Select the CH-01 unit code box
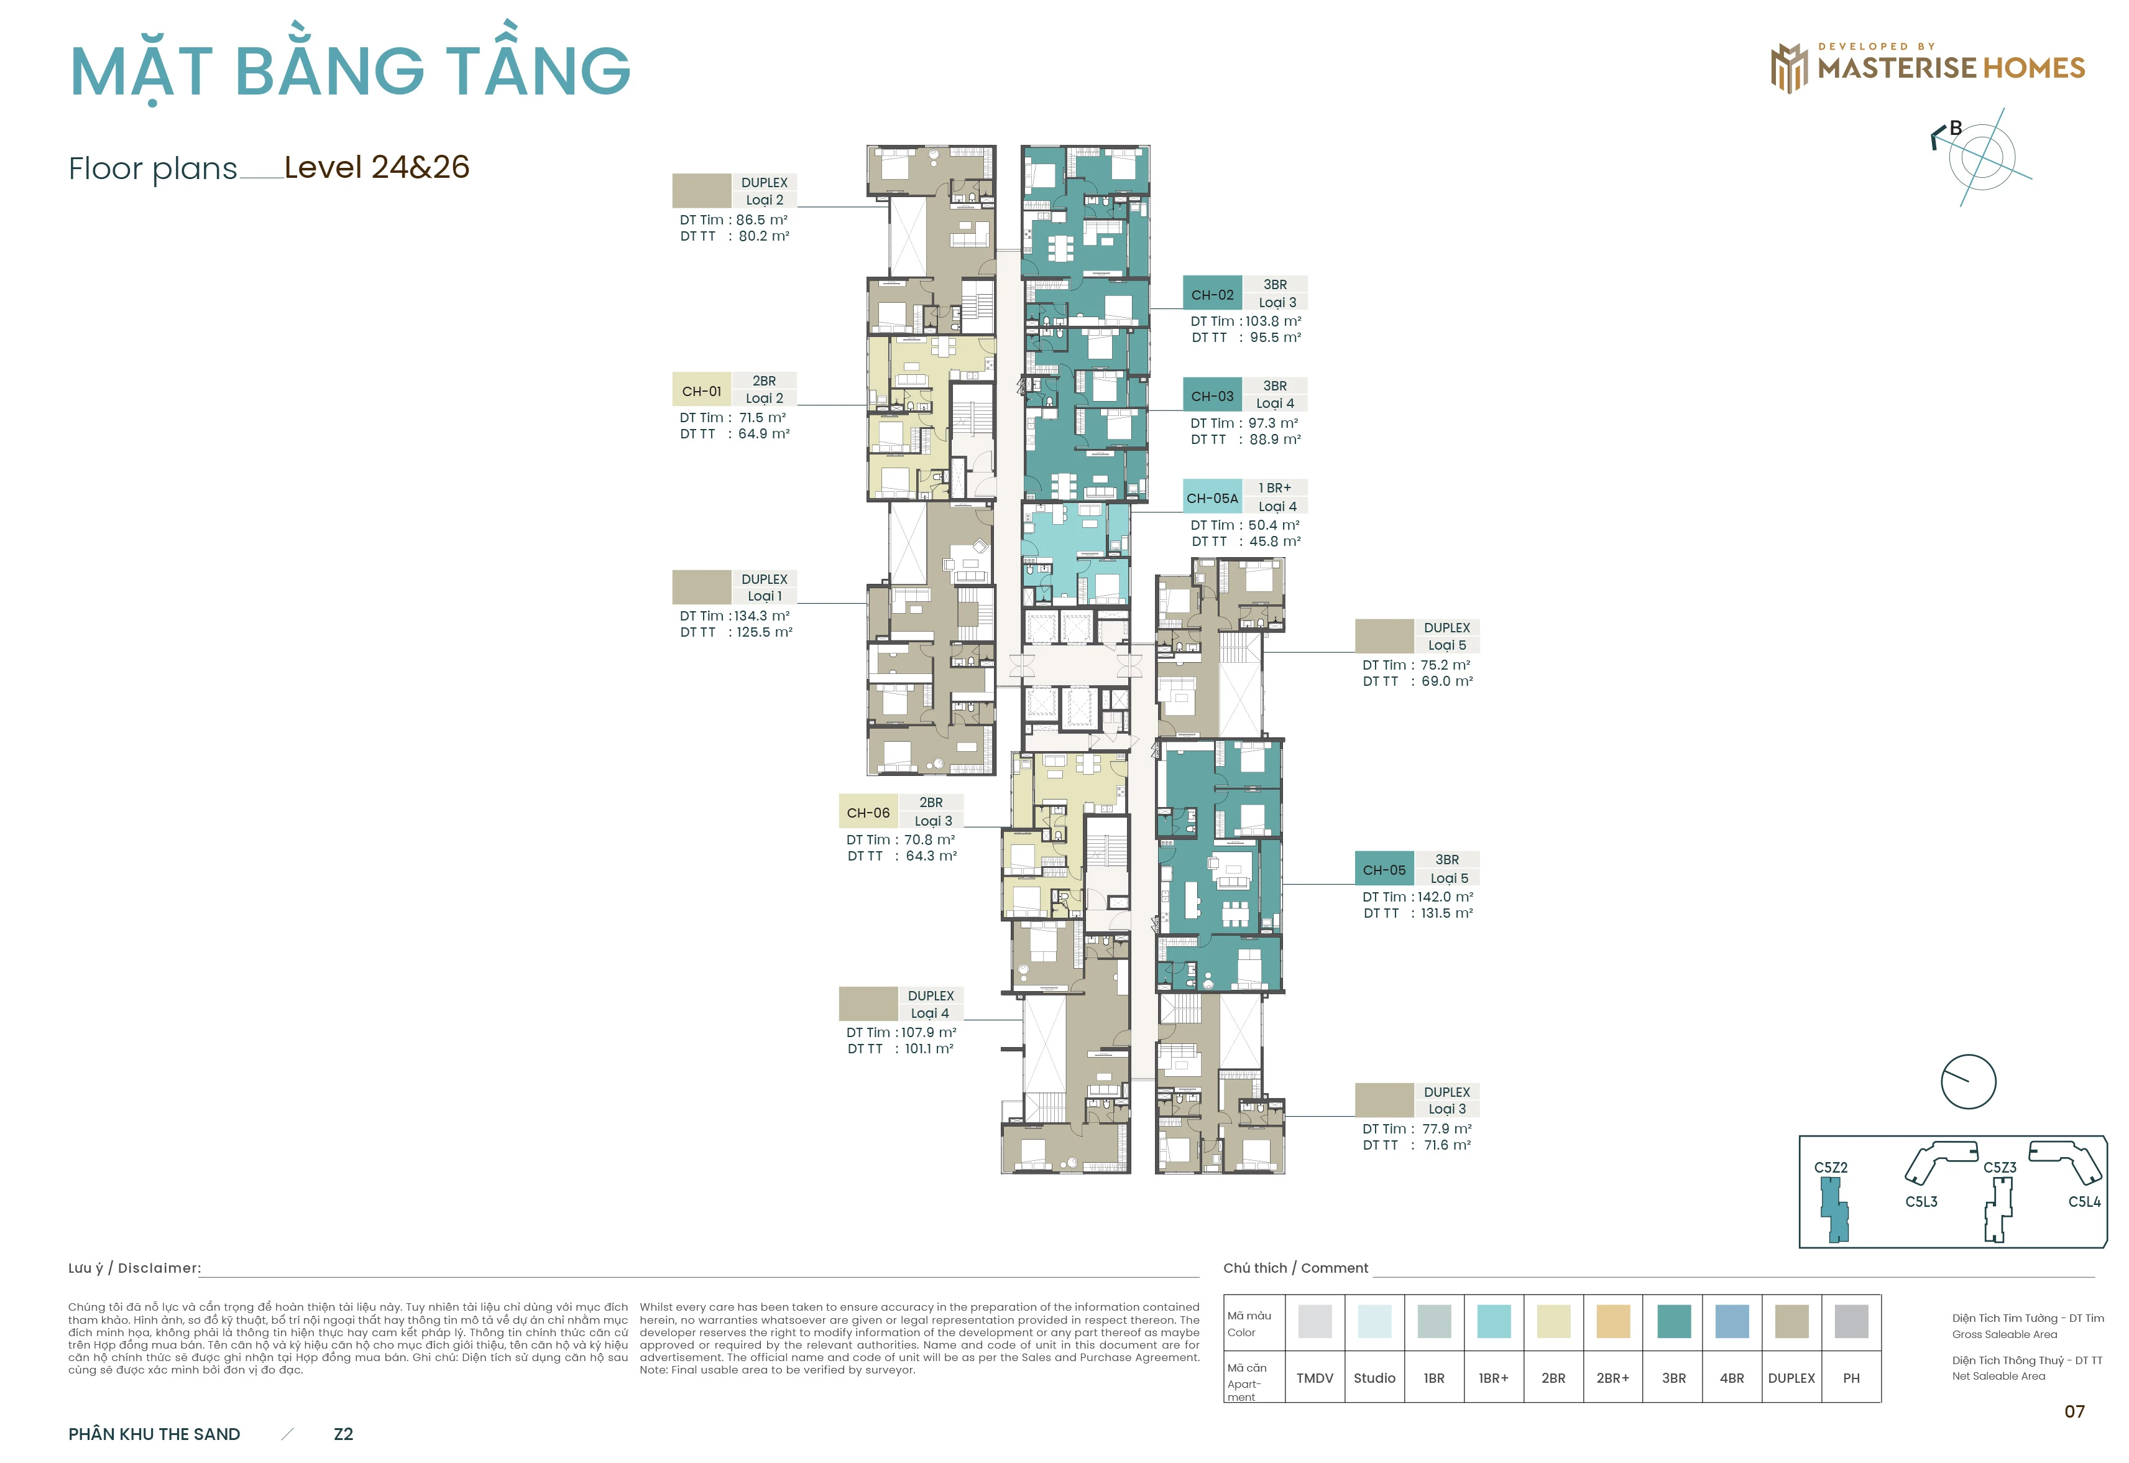click(x=701, y=390)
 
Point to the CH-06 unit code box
click(x=868, y=812)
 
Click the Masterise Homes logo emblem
click(x=1789, y=68)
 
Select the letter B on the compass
click(x=1956, y=128)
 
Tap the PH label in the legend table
click(x=1851, y=1378)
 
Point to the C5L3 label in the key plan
click(x=1921, y=1202)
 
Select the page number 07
click(x=2075, y=1411)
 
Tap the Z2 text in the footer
click(x=344, y=1434)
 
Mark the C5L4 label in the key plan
click(x=2084, y=1202)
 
